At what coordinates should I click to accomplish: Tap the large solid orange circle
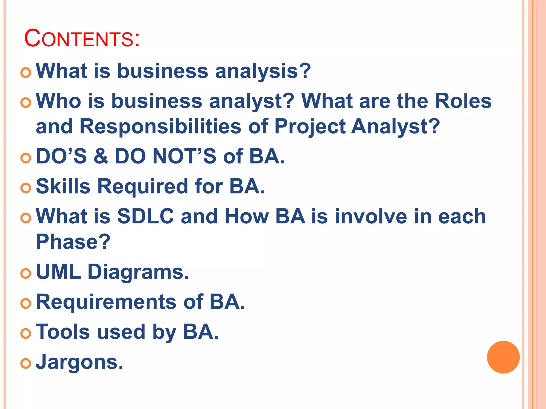coord(503,357)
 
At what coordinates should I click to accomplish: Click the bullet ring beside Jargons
coord(26,363)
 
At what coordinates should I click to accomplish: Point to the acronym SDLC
coord(146,216)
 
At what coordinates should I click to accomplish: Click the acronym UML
coord(58,272)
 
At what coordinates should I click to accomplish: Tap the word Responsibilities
coord(160,126)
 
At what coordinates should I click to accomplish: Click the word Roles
coord(463,101)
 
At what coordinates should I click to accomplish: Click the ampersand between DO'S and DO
coord(101,157)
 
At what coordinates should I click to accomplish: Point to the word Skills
coord(63,186)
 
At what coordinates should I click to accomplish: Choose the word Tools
coord(63,332)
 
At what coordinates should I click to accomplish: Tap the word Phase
coord(73,242)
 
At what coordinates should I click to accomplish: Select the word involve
coord(371,216)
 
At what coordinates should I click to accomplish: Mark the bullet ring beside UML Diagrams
coord(26,273)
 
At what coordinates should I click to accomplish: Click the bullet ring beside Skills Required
coord(26,188)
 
